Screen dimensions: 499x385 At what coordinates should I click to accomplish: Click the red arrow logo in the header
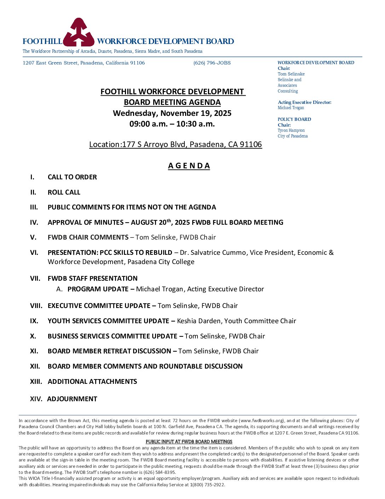pos(79,33)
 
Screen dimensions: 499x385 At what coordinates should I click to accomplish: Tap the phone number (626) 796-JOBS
pos(212,63)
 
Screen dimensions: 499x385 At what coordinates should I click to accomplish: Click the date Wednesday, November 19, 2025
pos(172,113)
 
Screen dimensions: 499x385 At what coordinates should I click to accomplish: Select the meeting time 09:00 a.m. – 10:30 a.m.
pos(172,124)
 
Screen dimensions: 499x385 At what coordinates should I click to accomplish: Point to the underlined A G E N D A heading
pos(189,166)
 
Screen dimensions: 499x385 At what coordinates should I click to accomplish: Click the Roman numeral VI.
pos(34,253)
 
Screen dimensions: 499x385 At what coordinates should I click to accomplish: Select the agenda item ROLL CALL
pos(64,192)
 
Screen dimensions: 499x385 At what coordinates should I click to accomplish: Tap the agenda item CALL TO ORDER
pos(72,177)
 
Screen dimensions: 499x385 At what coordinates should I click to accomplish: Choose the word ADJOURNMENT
pos(72,399)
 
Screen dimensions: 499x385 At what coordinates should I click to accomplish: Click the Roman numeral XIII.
pos(36,382)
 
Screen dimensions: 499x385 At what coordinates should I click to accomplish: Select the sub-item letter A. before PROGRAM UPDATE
pos(59,289)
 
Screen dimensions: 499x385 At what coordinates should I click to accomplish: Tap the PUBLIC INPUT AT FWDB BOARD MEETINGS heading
pos(189,442)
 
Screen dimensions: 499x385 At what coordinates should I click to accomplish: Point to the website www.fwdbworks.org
pos(262,421)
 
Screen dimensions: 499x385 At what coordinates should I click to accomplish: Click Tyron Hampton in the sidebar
pos(291,130)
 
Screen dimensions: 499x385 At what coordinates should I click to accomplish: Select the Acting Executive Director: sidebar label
pos(305,102)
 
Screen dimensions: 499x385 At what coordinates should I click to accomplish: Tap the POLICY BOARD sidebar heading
pos(294,119)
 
